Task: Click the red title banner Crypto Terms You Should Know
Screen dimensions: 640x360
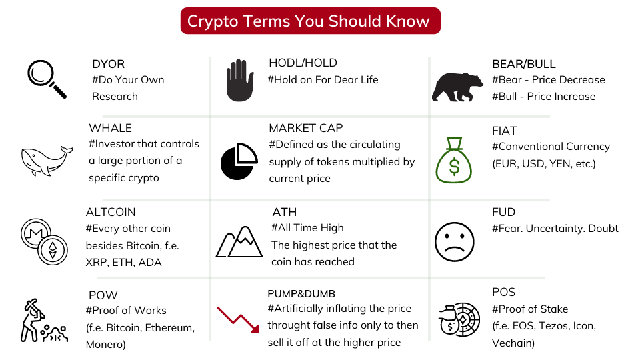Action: point(310,21)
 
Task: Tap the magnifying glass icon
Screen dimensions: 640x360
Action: point(46,79)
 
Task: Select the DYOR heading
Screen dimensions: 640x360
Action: point(108,64)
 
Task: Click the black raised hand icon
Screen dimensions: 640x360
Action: point(240,81)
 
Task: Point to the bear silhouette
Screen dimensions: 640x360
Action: point(457,87)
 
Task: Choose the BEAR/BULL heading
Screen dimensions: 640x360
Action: point(524,64)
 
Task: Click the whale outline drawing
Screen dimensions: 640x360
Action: point(47,161)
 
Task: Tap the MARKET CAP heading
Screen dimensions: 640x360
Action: point(306,128)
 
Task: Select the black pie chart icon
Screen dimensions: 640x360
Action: point(239,161)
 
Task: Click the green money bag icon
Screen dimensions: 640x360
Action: point(454,160)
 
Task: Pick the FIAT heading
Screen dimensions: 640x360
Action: point(504,131)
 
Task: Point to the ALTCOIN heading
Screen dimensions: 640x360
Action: point(111,212)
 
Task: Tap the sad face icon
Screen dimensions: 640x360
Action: point(454,241)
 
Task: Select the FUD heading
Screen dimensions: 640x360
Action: point(504,212)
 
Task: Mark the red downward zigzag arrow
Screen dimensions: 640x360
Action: point(238,320)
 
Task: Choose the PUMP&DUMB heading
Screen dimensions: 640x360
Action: point(301,294)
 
